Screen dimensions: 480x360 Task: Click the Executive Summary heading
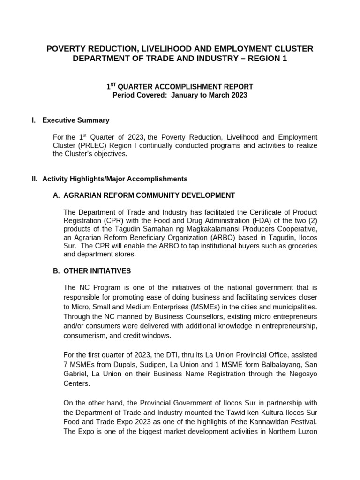(75, 120)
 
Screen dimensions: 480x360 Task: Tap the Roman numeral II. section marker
(35, 179)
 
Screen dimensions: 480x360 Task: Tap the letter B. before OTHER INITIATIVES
(57, 271)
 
